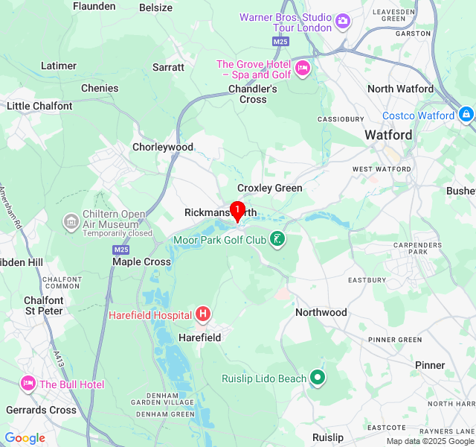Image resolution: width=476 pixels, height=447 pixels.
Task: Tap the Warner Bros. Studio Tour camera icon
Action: pos(343,21)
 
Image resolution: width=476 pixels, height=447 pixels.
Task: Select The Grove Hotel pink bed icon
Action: pos(303,69)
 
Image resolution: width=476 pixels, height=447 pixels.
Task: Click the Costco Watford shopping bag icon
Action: pos(466,115)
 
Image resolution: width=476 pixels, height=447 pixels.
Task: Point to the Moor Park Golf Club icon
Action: pos(277,239)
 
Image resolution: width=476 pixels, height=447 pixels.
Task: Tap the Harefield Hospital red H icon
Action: pos(203,315)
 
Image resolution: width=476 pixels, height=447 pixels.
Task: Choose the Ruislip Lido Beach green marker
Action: pos(318,378)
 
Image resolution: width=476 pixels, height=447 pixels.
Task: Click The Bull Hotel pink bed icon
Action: pos(28,384)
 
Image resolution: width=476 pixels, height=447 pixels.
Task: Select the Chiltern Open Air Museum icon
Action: pos(71,221)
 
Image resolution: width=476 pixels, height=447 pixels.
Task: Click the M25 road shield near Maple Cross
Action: pos(121,249)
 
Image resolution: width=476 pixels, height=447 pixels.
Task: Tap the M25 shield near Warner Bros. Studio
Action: pos(280,42)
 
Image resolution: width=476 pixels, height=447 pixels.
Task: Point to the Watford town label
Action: pos(388,135)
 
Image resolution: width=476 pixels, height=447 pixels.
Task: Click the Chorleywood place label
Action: pos(163,147)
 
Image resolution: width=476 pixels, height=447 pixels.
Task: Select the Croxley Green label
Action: pos(270,188)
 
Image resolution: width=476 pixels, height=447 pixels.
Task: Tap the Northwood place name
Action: pos(321,312)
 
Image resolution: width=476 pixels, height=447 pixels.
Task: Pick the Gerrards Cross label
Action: pos(42,410)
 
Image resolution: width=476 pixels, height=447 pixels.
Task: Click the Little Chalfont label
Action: pos(39,106)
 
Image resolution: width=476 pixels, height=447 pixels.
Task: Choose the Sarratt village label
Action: pos(168,67)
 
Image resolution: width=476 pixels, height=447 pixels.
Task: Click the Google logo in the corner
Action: pos(25,438)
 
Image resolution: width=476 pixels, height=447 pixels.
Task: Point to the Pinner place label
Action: pos(430,365)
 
